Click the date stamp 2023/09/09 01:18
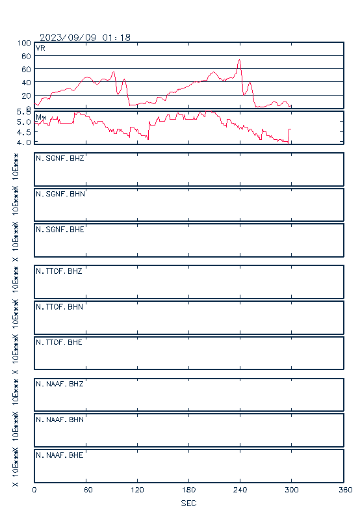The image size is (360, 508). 85,38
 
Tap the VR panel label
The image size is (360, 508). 40,48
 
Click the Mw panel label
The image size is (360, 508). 41,117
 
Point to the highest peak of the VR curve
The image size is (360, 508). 239,60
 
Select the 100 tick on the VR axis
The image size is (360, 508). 24,43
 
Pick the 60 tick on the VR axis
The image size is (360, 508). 26,70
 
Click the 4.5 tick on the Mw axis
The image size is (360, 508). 24,132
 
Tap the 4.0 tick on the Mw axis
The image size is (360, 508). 24,142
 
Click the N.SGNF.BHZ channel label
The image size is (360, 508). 60,158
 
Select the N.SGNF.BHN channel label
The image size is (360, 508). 60,194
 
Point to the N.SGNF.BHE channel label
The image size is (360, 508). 60,230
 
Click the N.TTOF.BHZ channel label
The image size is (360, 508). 59,271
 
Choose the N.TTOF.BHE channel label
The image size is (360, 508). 59,342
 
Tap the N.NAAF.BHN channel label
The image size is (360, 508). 60,420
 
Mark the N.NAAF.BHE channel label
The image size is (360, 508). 60,455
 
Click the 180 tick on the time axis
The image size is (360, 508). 188,490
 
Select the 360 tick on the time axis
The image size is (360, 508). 346,490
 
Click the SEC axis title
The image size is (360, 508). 188,503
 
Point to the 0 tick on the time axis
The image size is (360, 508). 34,490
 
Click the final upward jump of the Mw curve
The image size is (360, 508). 289,136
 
